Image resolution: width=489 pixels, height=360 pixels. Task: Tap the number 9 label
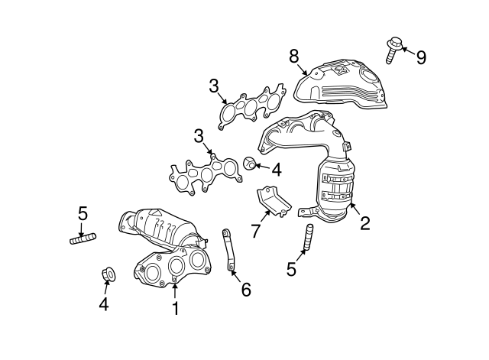point(421,58)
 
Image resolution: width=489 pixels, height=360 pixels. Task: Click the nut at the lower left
point(108,273)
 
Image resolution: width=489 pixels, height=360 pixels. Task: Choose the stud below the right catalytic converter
point(308,237)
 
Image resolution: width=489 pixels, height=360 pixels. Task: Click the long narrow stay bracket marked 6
point(229,250)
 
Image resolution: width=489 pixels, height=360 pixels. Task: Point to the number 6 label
point(245,290)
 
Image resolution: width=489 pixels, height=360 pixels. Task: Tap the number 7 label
point(255,231)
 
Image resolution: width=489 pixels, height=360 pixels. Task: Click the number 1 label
point(175,309)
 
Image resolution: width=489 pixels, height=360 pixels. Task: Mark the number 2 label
point(365,223)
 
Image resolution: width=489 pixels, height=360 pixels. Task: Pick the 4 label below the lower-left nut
point(103,306)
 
